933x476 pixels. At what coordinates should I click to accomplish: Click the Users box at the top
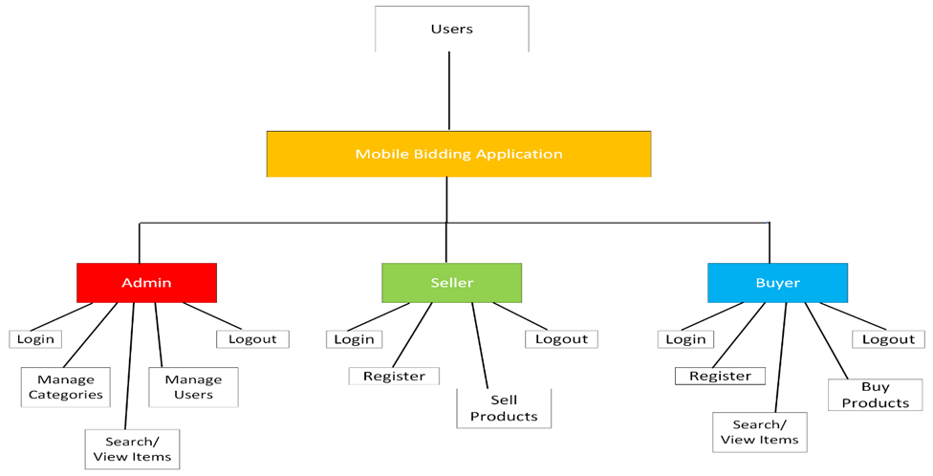click(x=451, y=29)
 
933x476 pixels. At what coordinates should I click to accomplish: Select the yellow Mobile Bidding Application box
click(x=459, y=154)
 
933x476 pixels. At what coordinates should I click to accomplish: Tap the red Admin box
click(x=146, y=283)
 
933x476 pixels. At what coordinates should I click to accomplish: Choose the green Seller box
click(x=451, y=283)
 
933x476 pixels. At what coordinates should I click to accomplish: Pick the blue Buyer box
click(x=777, y=283)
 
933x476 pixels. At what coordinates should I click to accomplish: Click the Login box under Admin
click(x=35, y=339)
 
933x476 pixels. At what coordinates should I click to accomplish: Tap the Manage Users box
click(x=193, y=387)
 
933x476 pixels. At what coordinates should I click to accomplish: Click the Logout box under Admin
click(x=252, y=339)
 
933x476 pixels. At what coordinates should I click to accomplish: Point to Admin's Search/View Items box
click(x=132, y=449)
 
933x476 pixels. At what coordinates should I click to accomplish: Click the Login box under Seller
click(x=354, y=339)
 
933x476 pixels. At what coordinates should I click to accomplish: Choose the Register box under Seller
click(x=394, y=377)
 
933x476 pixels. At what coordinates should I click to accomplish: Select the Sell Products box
click(x=504, y=408)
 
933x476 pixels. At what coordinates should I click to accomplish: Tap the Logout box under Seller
click(x=561, y=339)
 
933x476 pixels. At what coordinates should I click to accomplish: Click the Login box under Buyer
click(x=685, y=339)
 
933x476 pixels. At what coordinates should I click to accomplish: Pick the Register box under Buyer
click(x=720, y=377)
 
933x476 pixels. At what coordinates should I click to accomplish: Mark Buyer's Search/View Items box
click(x=759, y=432)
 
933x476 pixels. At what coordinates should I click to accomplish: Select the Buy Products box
click(x=875, y=395)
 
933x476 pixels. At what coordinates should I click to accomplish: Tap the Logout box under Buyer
click(x=888, y=339)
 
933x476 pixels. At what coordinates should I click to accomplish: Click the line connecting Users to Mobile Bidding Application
click(x=449, y=91)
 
